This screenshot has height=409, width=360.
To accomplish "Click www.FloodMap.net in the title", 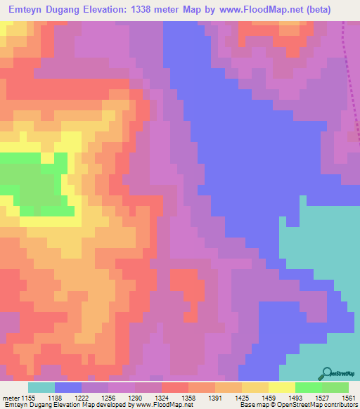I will [x=262, y=11].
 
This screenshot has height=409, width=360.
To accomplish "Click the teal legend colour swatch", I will [x=41, y=387].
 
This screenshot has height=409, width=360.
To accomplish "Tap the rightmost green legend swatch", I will [x=335, y=387].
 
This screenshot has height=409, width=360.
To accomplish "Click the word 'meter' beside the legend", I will [x=11, y=398].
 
